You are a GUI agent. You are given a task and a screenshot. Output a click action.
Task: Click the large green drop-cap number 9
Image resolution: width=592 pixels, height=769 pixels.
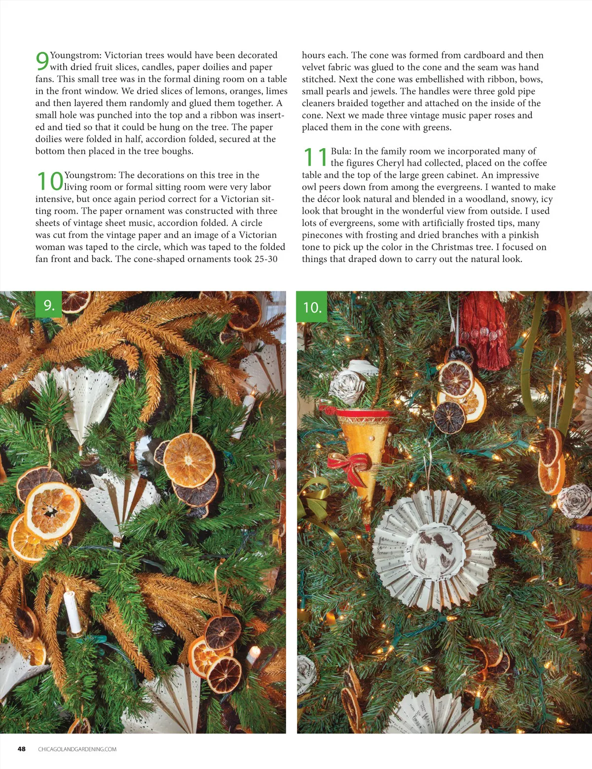point(42,61)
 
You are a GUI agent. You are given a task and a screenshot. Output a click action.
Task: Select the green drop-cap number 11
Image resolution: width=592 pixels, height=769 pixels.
point(315,157)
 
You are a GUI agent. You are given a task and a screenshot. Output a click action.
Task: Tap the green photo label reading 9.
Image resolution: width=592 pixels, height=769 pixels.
point(48,305)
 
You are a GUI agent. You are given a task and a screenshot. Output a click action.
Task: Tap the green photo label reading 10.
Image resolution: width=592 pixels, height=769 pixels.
point(312,307)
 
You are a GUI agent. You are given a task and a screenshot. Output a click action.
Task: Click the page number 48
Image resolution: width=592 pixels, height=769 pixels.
point(22,749)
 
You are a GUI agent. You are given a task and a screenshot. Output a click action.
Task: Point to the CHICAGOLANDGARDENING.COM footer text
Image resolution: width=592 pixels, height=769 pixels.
point(77,749)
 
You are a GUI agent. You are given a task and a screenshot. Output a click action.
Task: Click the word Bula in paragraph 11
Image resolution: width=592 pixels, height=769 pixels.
point(340,151)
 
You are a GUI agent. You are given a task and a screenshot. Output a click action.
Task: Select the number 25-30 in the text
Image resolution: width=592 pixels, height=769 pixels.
point(265,259)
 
